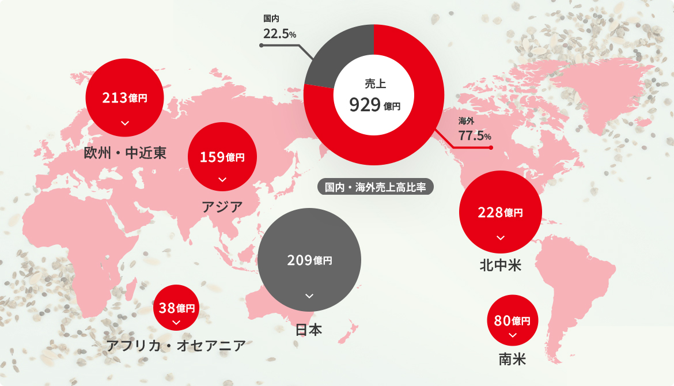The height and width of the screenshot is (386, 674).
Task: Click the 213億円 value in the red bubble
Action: [124, 98]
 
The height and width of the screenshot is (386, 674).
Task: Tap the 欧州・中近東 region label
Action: [125, 153]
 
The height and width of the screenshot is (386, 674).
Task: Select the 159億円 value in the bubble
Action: [222, 157]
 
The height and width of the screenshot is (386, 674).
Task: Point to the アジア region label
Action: [222, 206]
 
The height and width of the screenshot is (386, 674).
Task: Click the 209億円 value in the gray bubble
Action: [309, 260]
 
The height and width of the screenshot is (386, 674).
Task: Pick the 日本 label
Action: [309, 330]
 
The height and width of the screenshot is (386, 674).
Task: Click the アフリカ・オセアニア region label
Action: [176, 346]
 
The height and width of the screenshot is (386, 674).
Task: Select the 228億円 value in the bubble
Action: [500, 212]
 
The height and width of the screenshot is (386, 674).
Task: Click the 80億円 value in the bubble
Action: [513, 320]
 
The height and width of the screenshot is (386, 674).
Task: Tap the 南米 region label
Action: [512, 360]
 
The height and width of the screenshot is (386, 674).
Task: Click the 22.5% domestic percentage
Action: [279, 34]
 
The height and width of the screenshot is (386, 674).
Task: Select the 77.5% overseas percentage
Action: [475, 136]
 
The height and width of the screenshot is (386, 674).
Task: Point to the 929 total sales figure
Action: [366, 105]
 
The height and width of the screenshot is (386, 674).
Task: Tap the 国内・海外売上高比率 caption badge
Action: [375, 187]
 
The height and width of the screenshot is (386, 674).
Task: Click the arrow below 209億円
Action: [309, 296]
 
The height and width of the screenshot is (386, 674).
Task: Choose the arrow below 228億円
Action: [500, 237]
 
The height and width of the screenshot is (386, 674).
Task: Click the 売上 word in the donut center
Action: [374, 83]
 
